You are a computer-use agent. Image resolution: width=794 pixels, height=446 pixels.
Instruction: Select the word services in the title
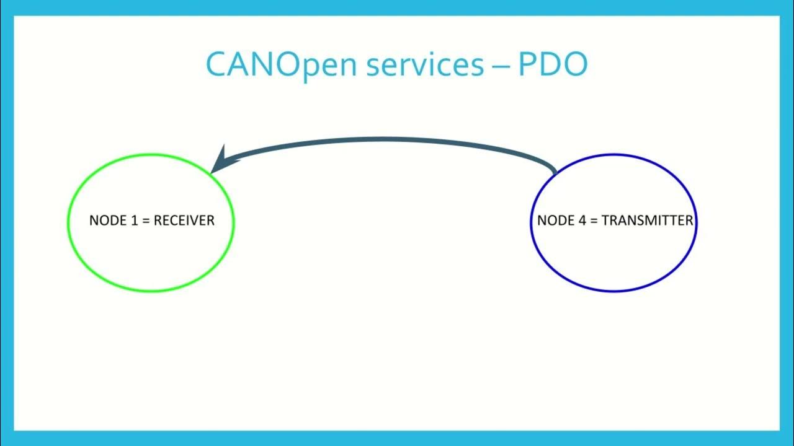tap(424, 64)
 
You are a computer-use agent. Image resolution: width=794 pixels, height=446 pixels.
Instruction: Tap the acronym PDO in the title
tap(553, 64)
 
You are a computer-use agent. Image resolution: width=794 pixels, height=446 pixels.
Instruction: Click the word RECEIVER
tap(184, 221)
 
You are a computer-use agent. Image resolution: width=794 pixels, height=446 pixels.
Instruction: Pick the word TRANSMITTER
tap(647, 221)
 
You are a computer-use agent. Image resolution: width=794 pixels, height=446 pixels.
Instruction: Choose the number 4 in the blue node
tap(582, 221)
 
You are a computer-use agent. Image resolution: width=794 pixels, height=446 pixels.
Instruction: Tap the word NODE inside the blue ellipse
tap(556, 221)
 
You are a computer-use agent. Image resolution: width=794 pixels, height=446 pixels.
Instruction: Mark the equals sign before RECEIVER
tap(146, 221)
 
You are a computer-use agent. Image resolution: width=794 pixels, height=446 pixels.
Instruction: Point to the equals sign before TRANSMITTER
tap(594, 221)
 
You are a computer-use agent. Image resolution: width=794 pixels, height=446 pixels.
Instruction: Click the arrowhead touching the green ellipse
tap(221, 160)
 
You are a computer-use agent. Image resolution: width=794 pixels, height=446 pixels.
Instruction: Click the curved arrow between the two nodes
tap(385, 141)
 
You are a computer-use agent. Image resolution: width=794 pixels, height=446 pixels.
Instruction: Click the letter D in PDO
tap(552, 64)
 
